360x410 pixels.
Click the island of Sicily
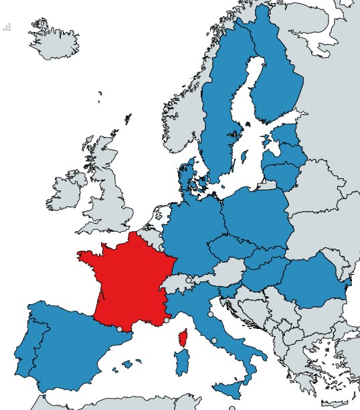click(x=231, y=389)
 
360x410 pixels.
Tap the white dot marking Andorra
click(x=120, y=329)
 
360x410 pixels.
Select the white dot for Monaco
click(x=166, y=320)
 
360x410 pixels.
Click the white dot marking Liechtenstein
click(x=189, y=279)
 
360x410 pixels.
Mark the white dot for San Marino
click(x=210, y=314)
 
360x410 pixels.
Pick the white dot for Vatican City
click(x=214, y=341)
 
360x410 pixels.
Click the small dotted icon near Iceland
click(x=7, y=27)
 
